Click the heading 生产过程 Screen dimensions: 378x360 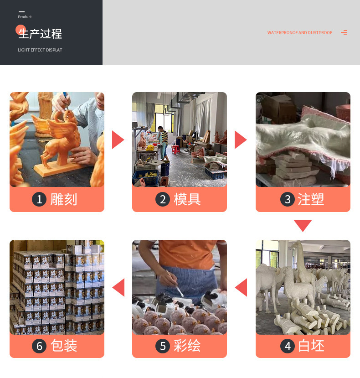(x=41, y=34)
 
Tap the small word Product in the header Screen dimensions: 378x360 (x=25, y=17)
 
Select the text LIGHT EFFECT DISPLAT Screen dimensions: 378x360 (x=40, y=50)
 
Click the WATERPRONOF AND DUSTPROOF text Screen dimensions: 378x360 (x=299, y=33)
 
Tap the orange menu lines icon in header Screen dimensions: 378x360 (x=344, y=32)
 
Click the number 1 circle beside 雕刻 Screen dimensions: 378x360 (x=39, y=199)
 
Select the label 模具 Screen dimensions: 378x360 (x=187, y=199)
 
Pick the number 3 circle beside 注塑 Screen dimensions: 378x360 (x=287, y=199)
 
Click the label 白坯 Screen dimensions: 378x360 (x=311, y=346)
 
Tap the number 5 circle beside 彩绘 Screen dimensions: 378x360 (x=163, y=346)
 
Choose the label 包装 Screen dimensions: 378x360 (x=64, y=346)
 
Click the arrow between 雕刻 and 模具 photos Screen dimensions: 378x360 (x=118, y=140)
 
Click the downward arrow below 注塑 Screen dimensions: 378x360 (x=303, y=225)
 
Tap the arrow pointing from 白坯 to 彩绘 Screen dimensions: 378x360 (x=241, y=287)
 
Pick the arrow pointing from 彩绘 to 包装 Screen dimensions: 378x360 (x=118, y=287)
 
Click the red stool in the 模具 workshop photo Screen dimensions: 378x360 (x=175, y=149)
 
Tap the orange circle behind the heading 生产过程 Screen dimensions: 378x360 (x=21, y=30)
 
